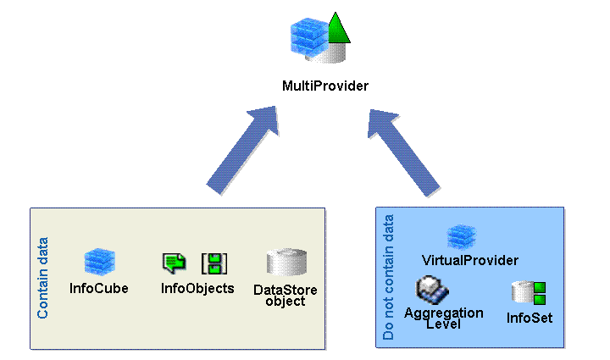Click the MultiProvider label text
click(x=324, y=86)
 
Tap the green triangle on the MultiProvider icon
click(x=338, y=30)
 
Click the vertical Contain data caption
click(x=43, y=278)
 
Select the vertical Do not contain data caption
click(x=389, y=278)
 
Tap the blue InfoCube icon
click(x=99, y=262)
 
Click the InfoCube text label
click(x=99, y=288)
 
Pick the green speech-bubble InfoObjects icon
click(x=174, y=263)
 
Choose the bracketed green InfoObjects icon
click(x=212, y=263)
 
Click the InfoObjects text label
click(x=197, y=288)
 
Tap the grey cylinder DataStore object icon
click(x=285, y=263)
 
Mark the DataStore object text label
click(x=285, y=296)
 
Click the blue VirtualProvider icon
click(x=462, y=236)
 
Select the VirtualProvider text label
click(x=469, y=259)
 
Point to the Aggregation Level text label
click(x=443, y=318)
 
